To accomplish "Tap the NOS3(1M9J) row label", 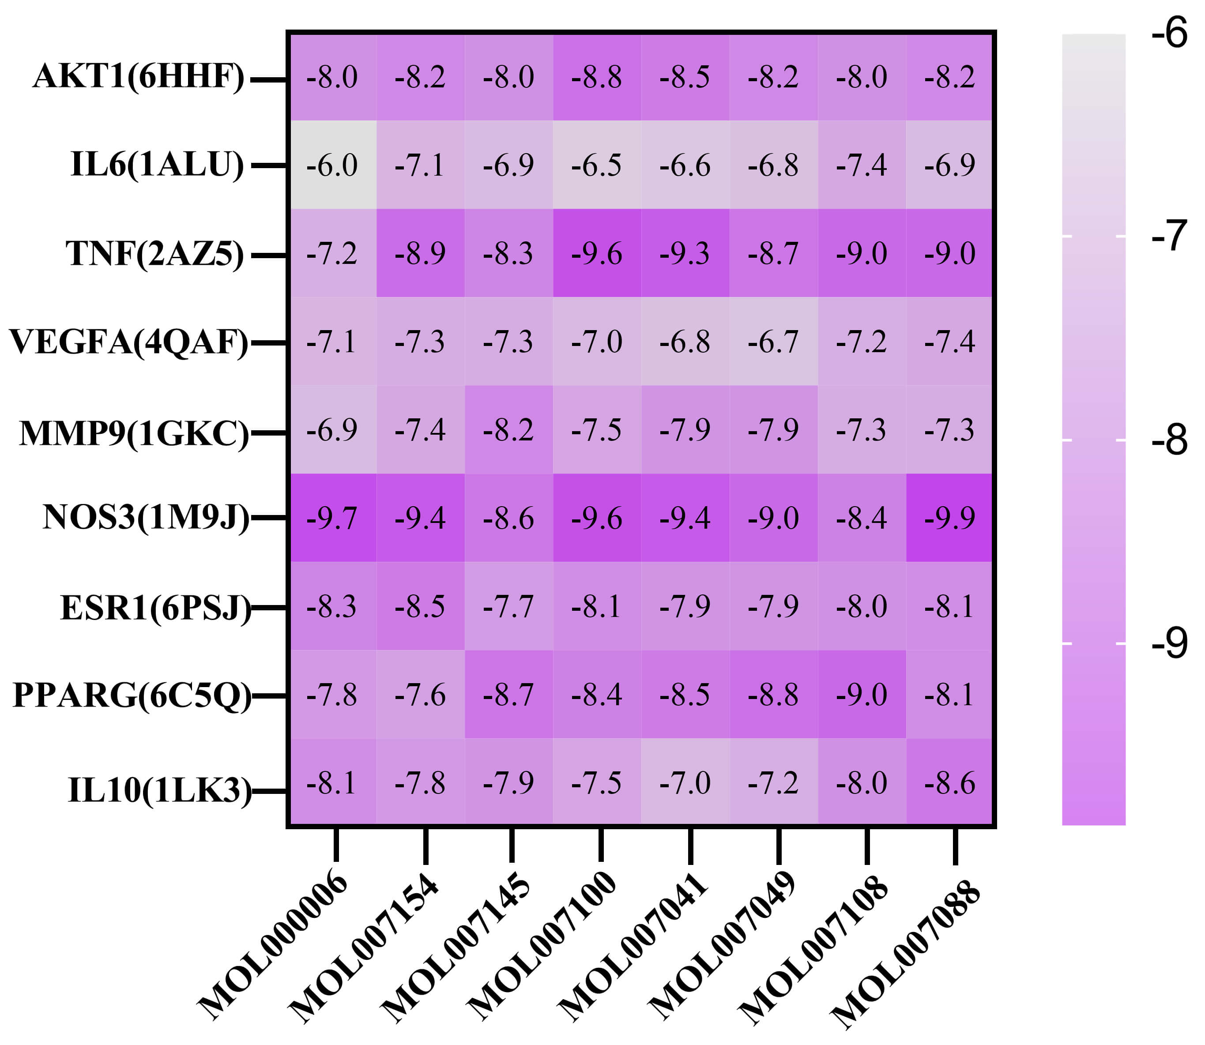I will point(146,517).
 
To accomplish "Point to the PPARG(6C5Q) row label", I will point(132,695).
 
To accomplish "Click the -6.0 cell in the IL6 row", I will point(332,165).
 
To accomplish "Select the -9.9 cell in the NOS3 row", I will point(949,518).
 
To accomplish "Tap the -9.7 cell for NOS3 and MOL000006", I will point(332,518).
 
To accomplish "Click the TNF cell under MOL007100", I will point(597,253).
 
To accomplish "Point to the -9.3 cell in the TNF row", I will point(685,253).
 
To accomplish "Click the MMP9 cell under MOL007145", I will point(508,430).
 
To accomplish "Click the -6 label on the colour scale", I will point(1169,33).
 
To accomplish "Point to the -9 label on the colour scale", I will point(1169,644).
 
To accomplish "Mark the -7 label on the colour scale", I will point(1169,236).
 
